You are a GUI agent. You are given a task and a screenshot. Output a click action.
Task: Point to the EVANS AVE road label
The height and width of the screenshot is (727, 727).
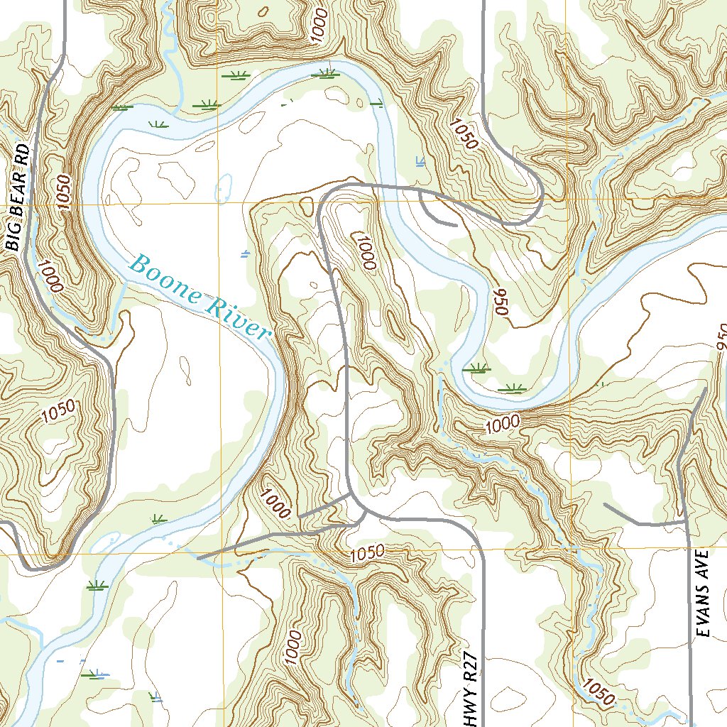(703, 594)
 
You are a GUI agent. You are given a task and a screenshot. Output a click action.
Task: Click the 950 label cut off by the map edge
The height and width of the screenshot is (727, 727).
(721, 337)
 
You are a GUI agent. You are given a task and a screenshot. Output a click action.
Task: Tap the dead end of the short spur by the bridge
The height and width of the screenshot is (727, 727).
(454, 225)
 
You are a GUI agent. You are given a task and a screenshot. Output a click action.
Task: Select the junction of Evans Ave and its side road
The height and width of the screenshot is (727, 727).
(686, 522)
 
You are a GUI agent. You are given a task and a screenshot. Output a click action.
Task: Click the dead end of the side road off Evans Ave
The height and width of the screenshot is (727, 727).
(604, 504)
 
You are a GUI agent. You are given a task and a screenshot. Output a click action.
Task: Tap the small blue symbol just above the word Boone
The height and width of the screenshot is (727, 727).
(245, 253)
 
